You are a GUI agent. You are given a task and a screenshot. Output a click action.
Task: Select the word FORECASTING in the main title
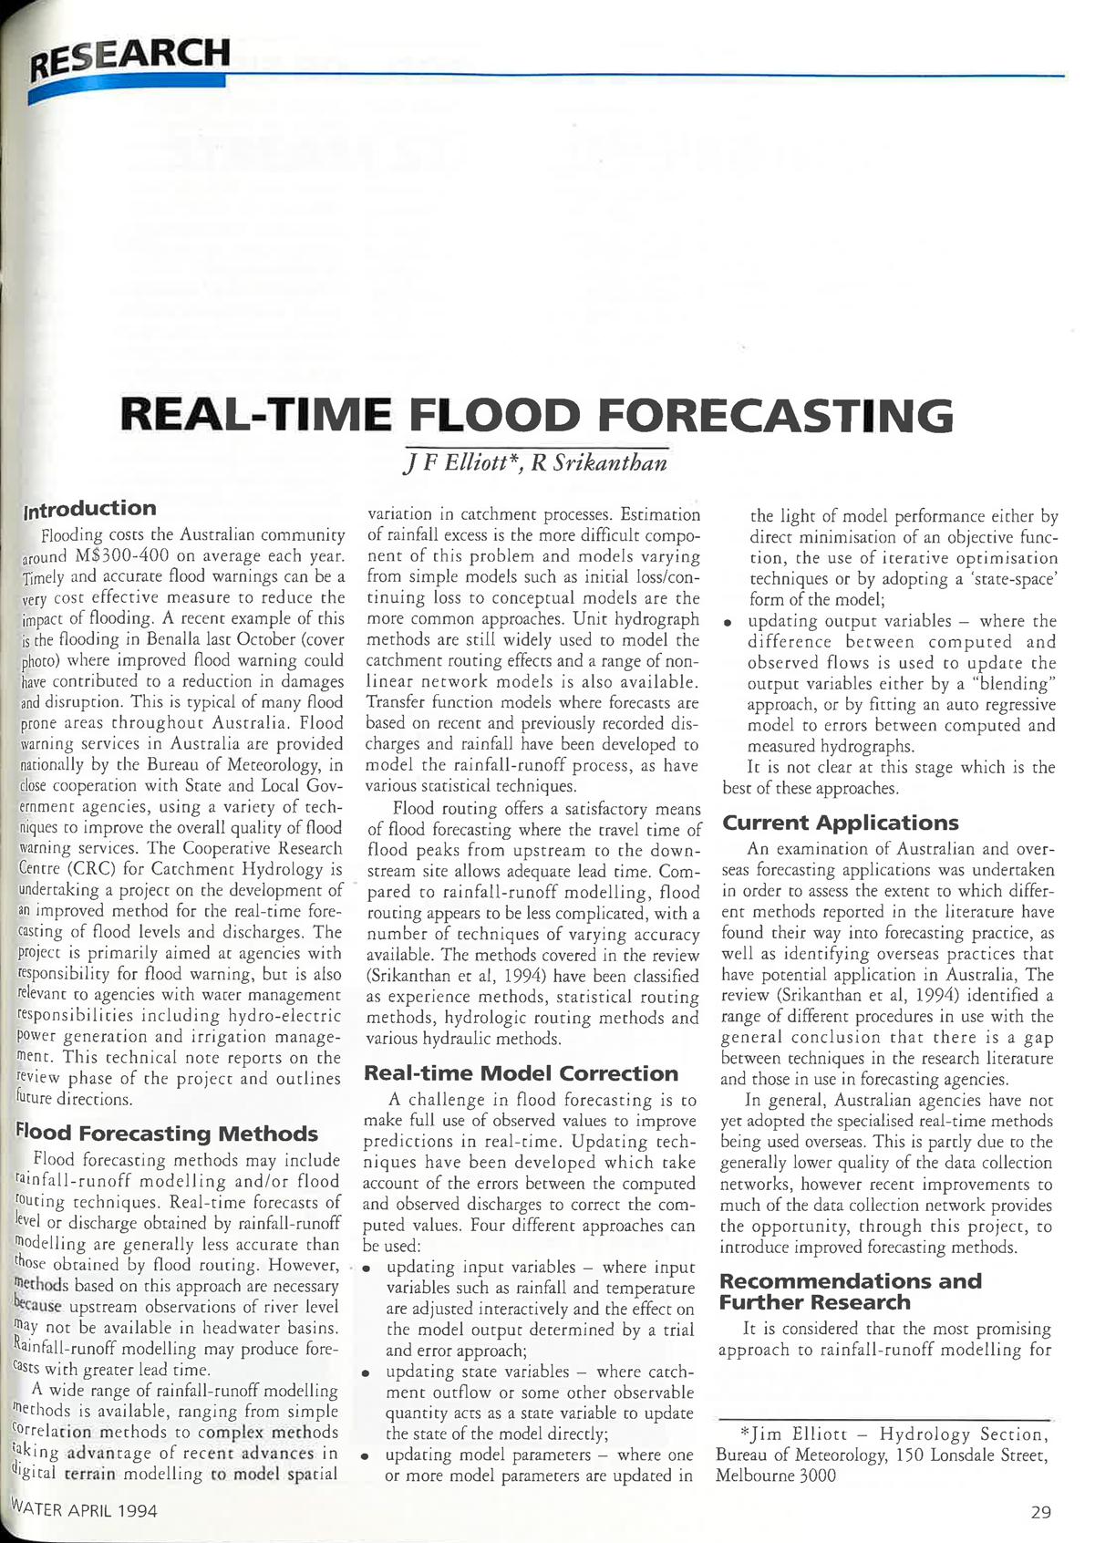click(775, 417)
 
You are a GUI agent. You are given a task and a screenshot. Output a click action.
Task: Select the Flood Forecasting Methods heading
click(168, 1134)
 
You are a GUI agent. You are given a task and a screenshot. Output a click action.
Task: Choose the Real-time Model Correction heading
click(521, 1073)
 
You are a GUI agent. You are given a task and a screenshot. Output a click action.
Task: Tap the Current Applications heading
click(841, 823)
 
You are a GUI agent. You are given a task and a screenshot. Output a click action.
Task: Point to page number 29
click(1041, 1512)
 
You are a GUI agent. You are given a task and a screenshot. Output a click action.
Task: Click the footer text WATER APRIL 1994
click(83, 1510)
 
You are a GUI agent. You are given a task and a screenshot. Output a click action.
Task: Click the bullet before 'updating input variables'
click(367, 1269)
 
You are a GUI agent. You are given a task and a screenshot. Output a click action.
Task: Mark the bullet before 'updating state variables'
click(367, 1372)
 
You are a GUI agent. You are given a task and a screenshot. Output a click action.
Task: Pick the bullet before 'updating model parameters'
click(367, 1456)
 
